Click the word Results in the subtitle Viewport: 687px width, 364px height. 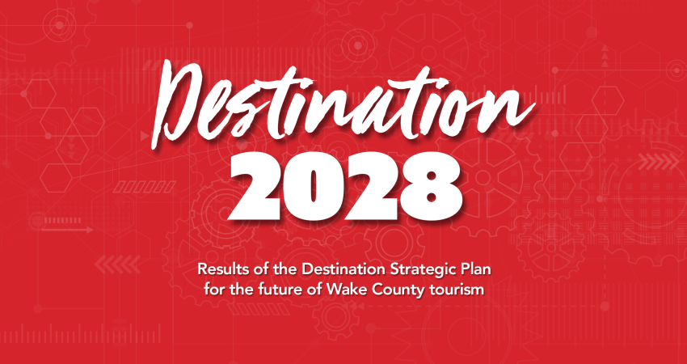[223, 269]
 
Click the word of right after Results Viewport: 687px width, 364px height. [259, 269]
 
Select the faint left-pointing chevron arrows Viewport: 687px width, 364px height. [117, 264]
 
